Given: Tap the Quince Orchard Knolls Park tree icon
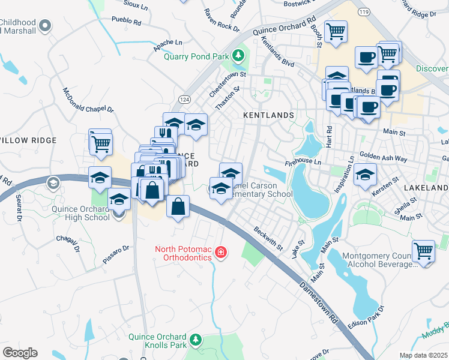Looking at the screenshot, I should (194, 341).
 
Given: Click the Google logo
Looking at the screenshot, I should (20, 353).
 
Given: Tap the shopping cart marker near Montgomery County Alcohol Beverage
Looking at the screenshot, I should (424, 251).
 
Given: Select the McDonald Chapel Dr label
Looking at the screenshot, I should (88, 100).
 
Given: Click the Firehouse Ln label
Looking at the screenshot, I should (304, 161).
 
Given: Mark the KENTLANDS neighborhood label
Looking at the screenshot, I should (268, 115).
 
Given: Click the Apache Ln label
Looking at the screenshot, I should (167, 43).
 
